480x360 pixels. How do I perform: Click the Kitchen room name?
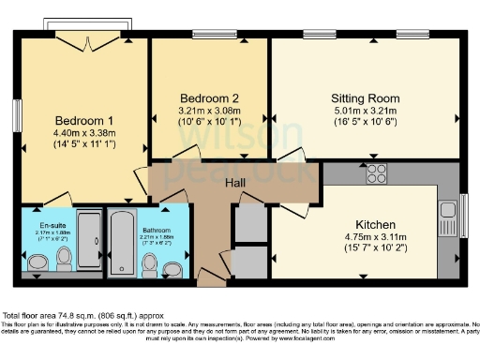click(x=375, y=225)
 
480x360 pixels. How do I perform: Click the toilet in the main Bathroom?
click(x=149, y=265)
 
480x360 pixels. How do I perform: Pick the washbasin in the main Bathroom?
click(x=172, y=270)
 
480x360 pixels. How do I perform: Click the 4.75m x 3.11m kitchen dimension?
click(x=374, y=238)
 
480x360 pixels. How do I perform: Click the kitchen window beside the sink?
click(x=466, y=208)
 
